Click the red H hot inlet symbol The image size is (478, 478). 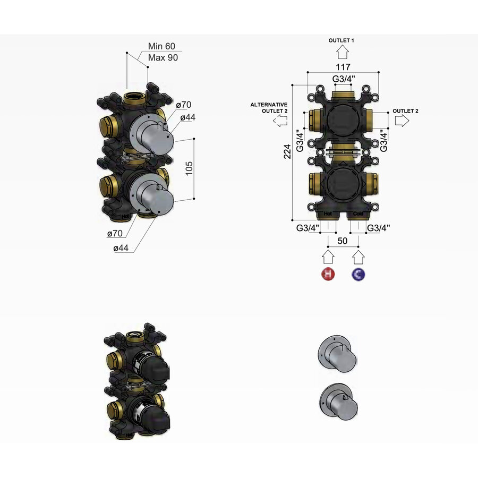[329, 275]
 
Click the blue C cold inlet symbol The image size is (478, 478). [359, 275]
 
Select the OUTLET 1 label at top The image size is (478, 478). [342, 40]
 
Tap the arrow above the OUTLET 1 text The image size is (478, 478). [342, 52]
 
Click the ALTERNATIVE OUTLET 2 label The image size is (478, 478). [269, 108]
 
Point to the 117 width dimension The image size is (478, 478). [343, 67]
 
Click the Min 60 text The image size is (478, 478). [161, 47]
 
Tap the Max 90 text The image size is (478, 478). [163, 57]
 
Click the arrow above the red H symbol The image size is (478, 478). [329, 258]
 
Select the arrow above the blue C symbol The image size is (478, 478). [359, 258]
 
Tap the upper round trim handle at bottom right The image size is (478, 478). [337, 351]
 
